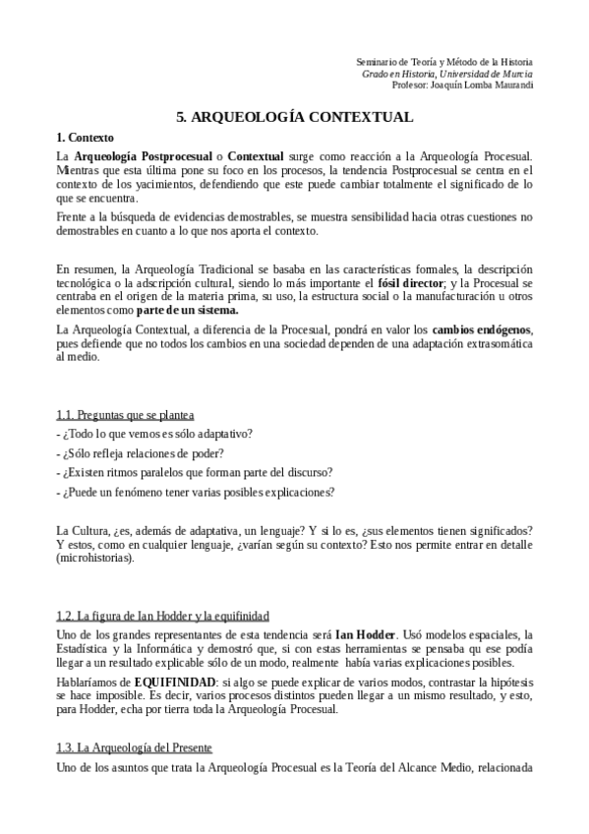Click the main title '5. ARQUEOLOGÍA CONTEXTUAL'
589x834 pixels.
[x=294, y=116]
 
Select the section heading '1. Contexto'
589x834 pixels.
[x=86, y=137]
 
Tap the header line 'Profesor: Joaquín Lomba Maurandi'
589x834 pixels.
[x=461, y=86]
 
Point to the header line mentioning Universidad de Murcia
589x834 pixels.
[x=447, y=73]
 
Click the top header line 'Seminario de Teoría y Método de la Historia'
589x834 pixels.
[x=444, y=61]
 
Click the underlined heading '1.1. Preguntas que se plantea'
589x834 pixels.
[x=125, y=417]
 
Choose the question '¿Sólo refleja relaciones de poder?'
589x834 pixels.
[x=141, y=453]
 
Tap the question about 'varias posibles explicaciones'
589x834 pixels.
[x=197, y=493]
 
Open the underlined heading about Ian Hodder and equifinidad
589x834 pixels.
[x=162, y=616]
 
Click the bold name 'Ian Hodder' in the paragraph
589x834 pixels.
[x=369, y=634]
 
